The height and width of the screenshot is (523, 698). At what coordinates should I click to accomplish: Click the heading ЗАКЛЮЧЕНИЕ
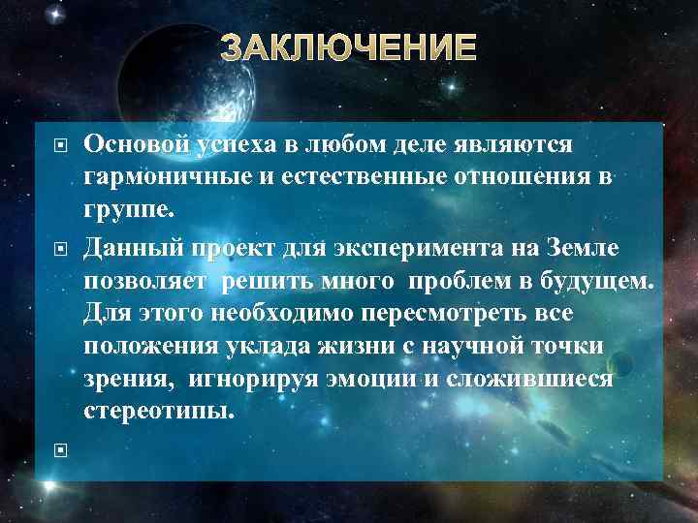348,47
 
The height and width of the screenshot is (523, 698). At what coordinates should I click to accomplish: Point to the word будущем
602,282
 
